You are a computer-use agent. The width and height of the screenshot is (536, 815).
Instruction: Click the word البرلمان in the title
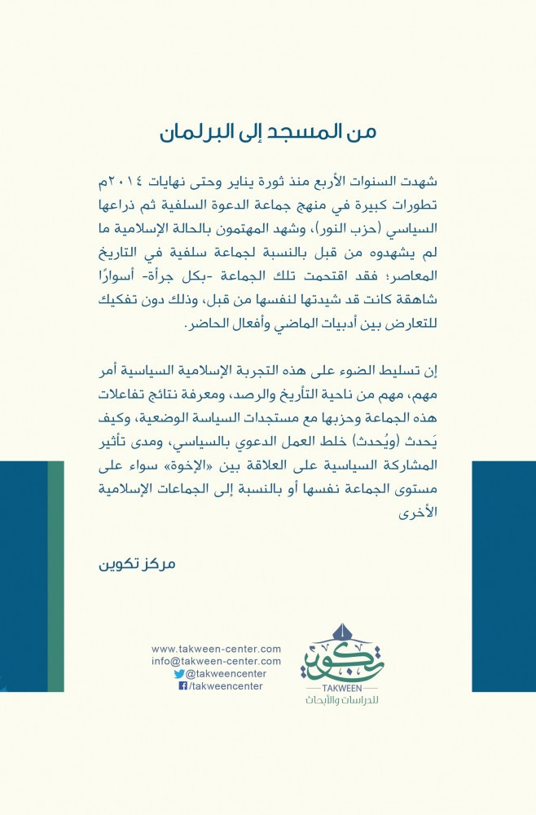196,133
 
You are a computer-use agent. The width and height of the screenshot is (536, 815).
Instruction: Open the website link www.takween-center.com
216,649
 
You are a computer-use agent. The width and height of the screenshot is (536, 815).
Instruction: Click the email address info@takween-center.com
216,661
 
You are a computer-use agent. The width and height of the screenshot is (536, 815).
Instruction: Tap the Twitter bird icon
179,674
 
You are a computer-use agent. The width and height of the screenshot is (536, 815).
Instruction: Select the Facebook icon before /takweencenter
182,686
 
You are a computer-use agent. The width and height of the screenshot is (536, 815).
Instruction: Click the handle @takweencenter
226,674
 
